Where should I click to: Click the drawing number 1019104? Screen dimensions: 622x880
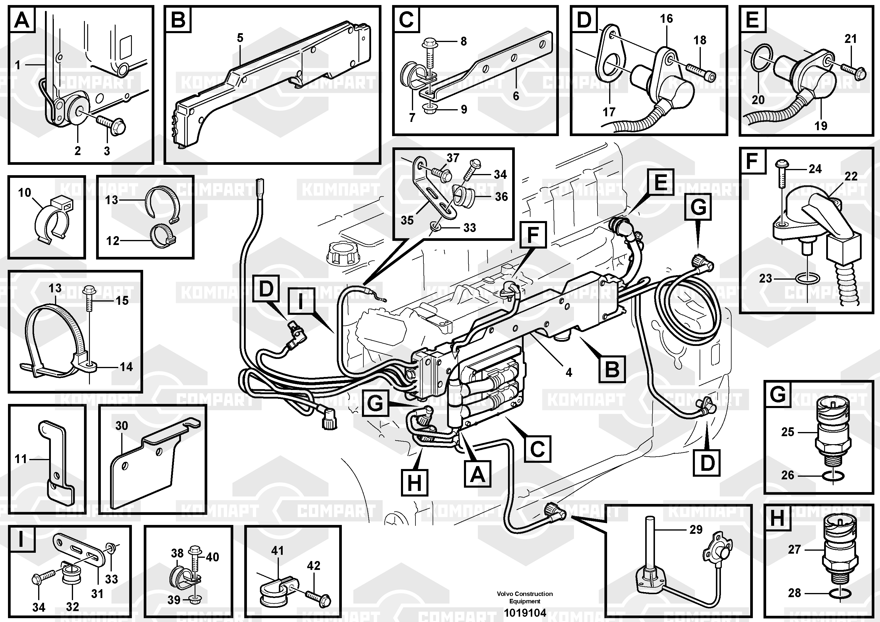(x=525, y=613)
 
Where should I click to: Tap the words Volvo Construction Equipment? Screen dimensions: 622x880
(x=525, y=597)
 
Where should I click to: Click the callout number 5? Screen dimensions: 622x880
(x=240, y=38)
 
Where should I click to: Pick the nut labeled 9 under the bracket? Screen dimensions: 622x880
(x=431, y=109)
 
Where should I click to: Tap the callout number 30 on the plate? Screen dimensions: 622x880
(x=122, y=426)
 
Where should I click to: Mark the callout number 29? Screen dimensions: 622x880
(x=696, y=530)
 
